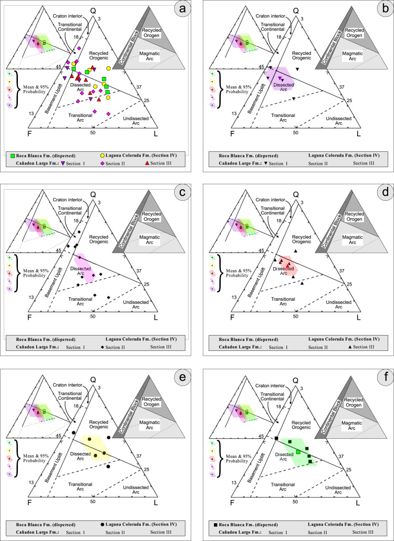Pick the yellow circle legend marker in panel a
[x=103, y=155]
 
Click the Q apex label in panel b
[x=295, y=10]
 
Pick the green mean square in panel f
[x=298, y=452]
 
